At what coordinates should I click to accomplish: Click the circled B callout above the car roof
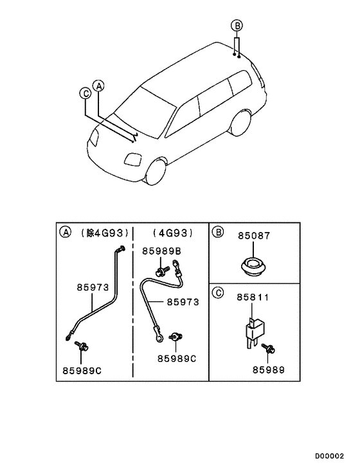[x=236, y=26]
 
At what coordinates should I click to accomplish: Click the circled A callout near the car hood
[x=98, y=85]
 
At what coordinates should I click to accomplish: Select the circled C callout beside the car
[x=85, y=93]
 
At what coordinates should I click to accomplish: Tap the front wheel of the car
[x=156, y=170]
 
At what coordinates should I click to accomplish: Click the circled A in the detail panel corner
[x=65, y=231]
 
